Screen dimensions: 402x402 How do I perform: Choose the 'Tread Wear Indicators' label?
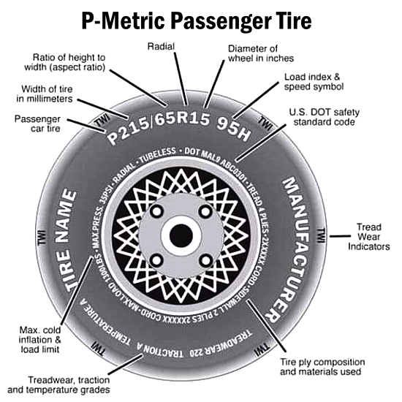(368, 237)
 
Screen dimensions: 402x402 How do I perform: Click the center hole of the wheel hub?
(180, 235)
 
